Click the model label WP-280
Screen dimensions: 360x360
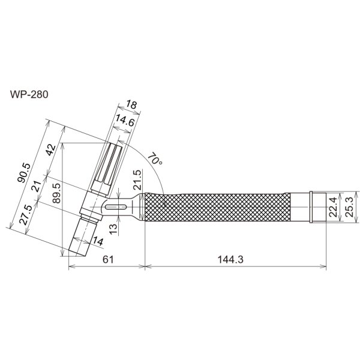(29, 94)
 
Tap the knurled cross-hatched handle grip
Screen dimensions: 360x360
(216, 208)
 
